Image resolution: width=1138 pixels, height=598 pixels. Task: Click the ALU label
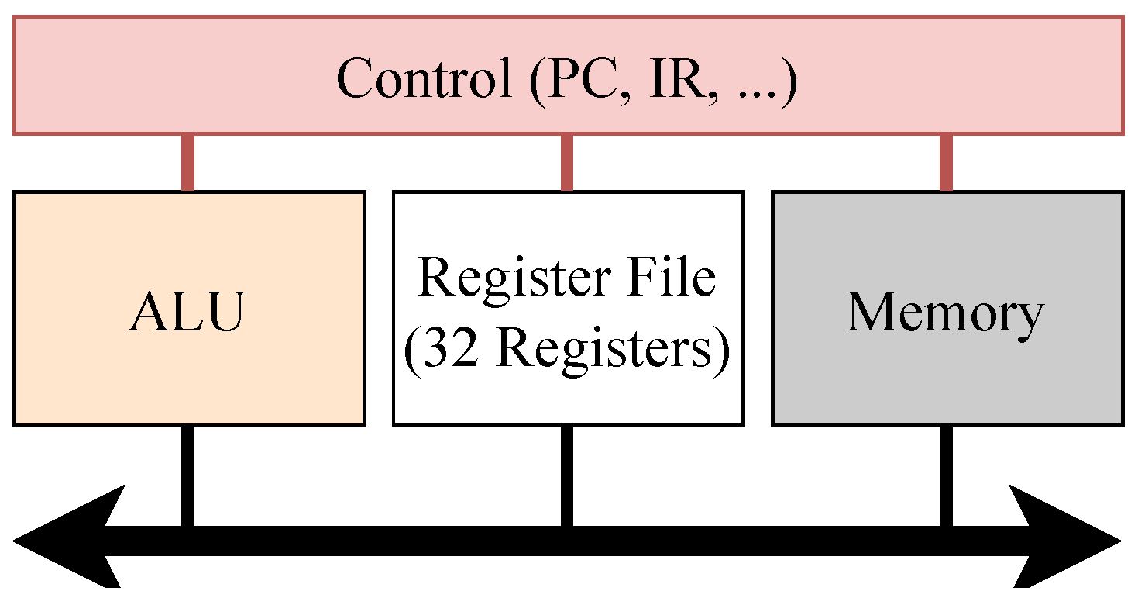click(187, 312)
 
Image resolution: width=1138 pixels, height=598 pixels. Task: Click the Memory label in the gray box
click(945, 312)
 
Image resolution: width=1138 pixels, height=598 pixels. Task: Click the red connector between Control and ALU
click(187, 162)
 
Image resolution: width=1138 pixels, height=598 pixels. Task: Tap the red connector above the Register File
click(567, 162)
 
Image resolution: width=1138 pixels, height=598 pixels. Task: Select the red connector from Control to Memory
click(946, 162)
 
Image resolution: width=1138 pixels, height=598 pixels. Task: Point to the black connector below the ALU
click(187, 475)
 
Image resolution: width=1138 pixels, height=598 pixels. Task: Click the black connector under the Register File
click(567, 475)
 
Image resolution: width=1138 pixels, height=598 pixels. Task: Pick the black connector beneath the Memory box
click(946, 475)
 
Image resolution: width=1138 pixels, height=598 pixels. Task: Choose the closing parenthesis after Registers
click(721, 351)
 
